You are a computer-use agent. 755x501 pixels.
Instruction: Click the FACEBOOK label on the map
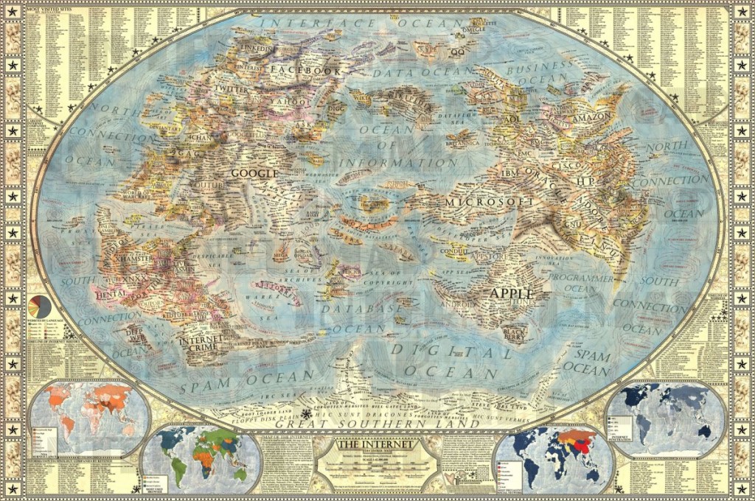pyautogui.click(x=306, y=71)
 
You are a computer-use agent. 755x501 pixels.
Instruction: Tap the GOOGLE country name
pyautogui.click(x=254, y=174)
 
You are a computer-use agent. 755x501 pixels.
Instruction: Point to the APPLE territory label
pyautogui.click(x=511, y=293)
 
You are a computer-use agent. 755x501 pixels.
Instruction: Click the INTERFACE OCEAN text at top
pyautogui.click(x=358, y=24)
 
